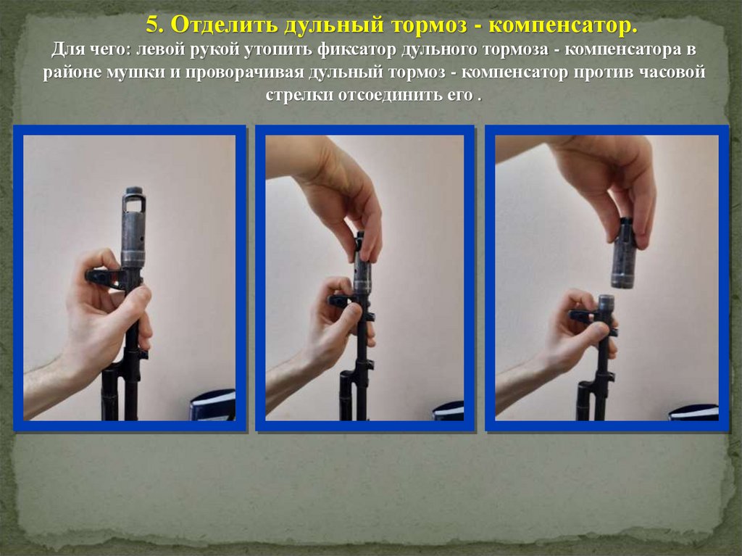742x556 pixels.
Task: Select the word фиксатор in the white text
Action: pyautogui.click(x=357, y=50)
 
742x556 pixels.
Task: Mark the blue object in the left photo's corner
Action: pyautogui.click(x=213, y=405)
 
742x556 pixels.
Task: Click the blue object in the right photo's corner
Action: pyautogui.click(x=693, y=413)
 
